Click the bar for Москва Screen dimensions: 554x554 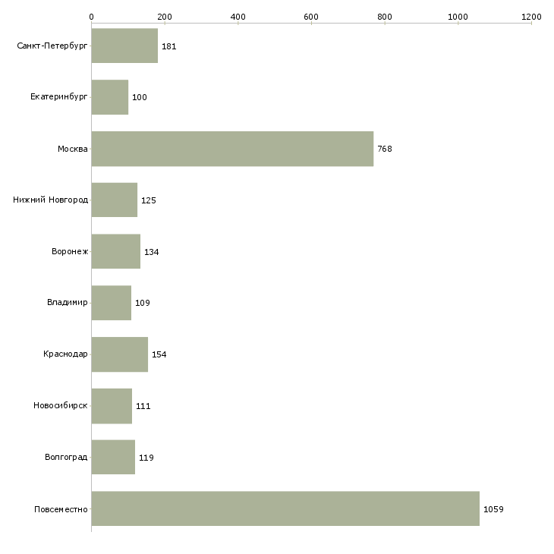click(232, 149)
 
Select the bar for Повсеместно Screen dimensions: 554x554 click(285, 508)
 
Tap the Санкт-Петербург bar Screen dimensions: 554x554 click(124, 46)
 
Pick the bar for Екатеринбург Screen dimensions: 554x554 click(110, 97)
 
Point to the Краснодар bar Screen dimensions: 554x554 click(120, 354)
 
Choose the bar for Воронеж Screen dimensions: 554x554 click(116, 251)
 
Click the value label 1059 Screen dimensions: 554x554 click(493, 509)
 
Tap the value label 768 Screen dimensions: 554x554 click(385, 149)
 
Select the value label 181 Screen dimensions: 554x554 click(169, 46)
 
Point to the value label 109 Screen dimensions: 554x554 click(143, 303)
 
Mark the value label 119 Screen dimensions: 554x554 click(146, 458)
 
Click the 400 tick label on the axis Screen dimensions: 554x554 click(238, 17)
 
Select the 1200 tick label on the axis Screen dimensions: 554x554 click(531, 17)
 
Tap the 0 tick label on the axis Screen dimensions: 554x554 click(92, 17)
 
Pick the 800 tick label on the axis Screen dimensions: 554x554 click(385, 17)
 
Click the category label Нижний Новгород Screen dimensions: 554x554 click(51, 200)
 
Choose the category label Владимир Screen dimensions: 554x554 click(67, 303)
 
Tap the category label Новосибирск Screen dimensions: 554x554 click(61, 405)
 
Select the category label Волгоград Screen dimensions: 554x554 click(66, 457)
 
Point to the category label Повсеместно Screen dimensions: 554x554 click(61, 509)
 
